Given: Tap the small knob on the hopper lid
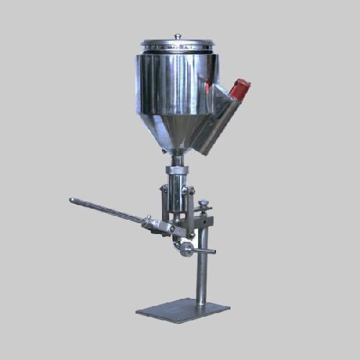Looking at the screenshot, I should [177, 36].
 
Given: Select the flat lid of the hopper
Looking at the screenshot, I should [177, 44].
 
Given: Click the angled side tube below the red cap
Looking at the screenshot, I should [216, 122].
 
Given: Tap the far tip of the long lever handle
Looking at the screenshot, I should [72, 200].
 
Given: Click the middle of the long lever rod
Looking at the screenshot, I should [108, 212].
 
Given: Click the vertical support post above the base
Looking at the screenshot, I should [202, 266].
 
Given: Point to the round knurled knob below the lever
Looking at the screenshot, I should [187, 249].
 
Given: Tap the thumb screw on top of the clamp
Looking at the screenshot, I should [204, 204].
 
